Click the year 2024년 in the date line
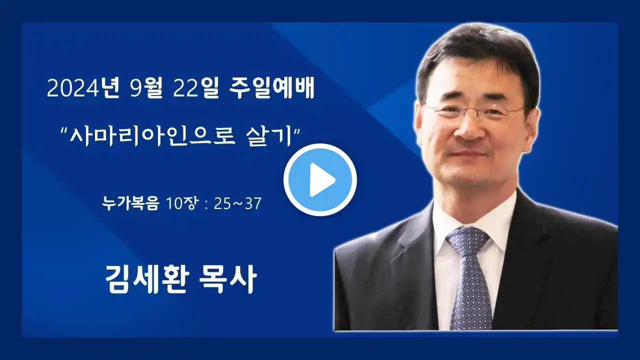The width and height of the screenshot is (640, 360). (83, 88)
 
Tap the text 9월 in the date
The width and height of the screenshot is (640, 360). (146, 88)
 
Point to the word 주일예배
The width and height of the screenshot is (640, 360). (271, 88)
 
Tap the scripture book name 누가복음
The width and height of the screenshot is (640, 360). (130, 203)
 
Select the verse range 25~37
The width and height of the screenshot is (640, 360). (237, 203)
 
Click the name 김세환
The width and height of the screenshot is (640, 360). (147, 279)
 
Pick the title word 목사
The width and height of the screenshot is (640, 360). (227, 279)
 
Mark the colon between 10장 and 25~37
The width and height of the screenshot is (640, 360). (206, 204)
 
